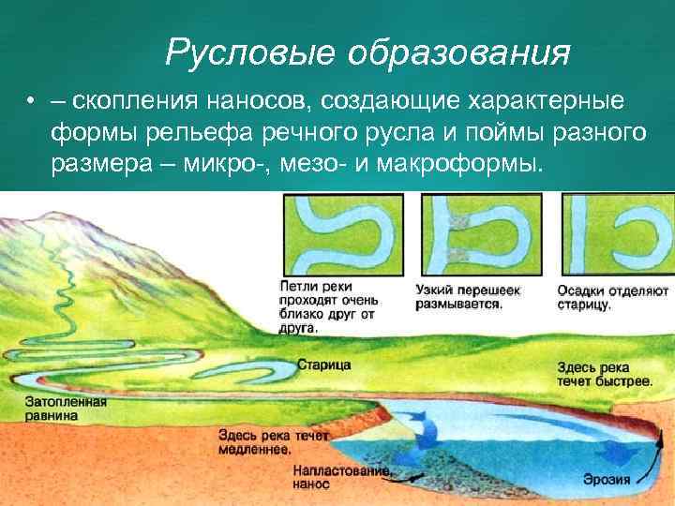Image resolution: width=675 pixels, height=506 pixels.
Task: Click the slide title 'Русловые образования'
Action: pyautogui.click(x=367, y=52)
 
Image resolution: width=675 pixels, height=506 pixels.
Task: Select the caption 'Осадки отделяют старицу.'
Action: pyautogui.click(x=610, y=298)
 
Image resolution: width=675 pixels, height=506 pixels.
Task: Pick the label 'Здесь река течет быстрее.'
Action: pyautogui.click(x=604, y=375)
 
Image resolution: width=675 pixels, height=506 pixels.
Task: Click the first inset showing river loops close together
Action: pyautogui.click(x=341, y=234)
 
